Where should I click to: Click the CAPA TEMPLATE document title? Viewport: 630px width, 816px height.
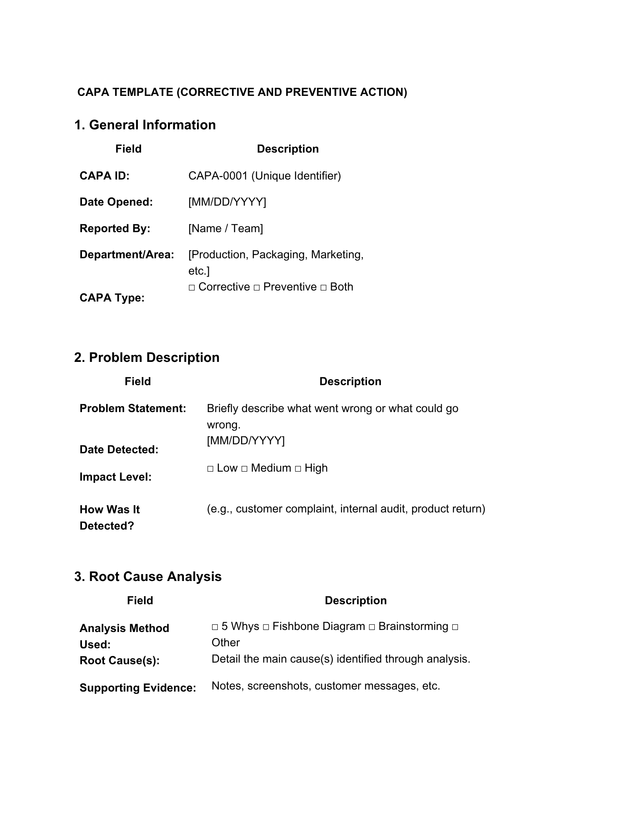click(242, 92)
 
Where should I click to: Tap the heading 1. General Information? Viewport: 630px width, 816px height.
click(145, 125)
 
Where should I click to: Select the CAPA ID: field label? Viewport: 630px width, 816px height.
click(104, 176)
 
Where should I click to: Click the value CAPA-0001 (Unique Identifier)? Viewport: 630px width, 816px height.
click(264, 176)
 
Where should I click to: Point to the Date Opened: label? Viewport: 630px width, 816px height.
click(116, 202)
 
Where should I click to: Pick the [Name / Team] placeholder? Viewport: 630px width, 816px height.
click(225, 228)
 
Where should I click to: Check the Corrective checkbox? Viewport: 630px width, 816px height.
click(192, 288)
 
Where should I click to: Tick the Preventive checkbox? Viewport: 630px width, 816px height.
click(256, 288)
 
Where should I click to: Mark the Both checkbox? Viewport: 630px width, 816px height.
click(323, 288)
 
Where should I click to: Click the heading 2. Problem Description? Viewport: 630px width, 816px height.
click(147, 357)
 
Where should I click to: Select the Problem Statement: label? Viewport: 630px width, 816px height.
click(133, 408)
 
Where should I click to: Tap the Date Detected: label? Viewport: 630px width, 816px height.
click(119, 450)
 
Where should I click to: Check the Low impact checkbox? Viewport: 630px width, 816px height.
click(210, 469)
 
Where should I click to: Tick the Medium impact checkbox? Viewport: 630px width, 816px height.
click(244, 469)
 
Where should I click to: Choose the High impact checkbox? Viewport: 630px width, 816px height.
click(298, 469)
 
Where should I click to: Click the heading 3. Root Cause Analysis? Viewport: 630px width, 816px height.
click(148, 577)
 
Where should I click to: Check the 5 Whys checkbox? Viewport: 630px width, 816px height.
click(215, 627)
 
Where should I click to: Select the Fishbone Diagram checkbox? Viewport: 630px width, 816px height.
click(266, 627)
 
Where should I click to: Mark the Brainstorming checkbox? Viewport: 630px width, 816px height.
click(372, 627)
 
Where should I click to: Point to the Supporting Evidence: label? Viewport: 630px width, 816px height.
click(138, 688)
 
